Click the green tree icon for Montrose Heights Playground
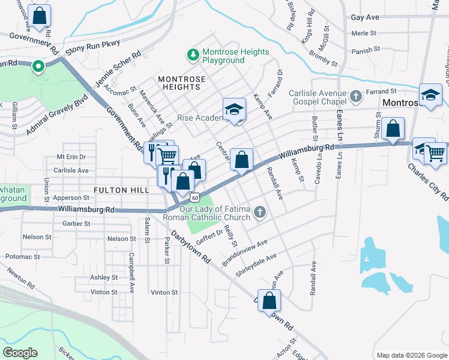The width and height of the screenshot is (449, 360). click(193, 56)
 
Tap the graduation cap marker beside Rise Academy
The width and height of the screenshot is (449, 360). click(235, 110)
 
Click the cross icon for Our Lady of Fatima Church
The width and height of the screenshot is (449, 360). click(260, 212)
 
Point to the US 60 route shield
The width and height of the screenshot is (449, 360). click(193, 197)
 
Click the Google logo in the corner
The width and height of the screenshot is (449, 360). click(19, 353)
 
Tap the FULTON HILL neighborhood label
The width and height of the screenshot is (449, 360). click(121, 190)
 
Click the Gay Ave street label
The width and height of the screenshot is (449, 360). click(366, 19)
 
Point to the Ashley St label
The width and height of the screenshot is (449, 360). click(103, 277)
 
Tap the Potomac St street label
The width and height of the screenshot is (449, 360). click(23, 256)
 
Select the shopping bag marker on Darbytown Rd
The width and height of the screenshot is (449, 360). click(270, 301)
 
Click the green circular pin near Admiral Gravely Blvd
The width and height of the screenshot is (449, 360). click(38, 67)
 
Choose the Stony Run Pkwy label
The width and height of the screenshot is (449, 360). click(93, 47)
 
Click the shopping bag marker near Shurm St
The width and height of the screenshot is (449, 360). click(393, 128)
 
